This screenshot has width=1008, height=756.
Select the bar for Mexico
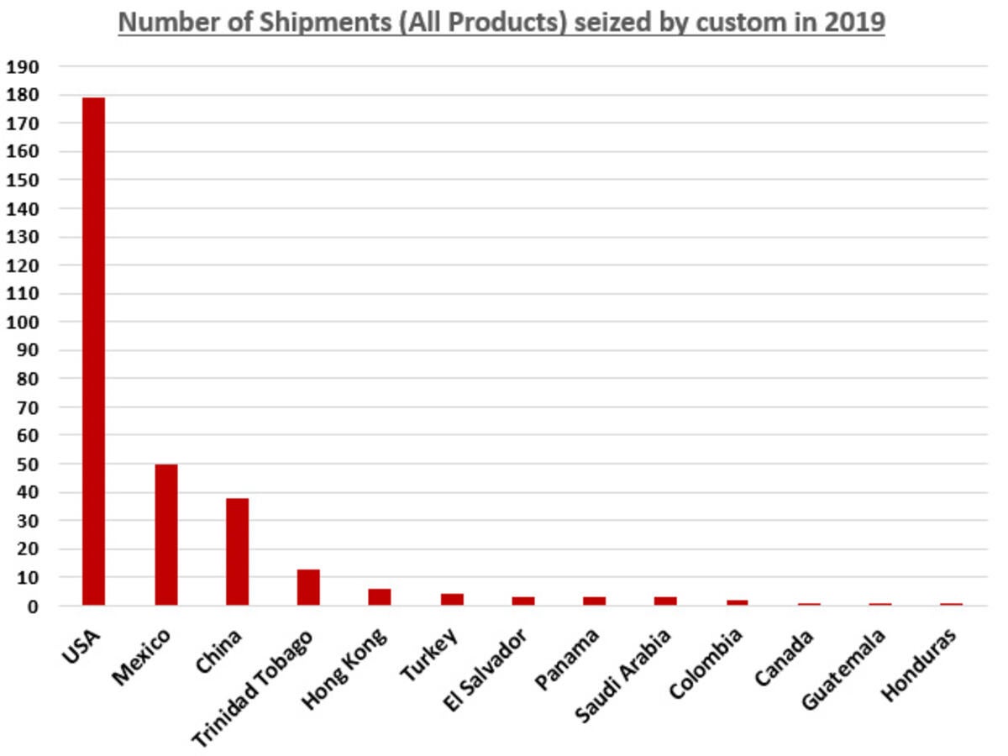click(x=165, y=534)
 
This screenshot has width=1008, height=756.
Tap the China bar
click(x=237, y=551)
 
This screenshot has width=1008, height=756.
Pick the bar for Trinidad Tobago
click(x=308, y=587)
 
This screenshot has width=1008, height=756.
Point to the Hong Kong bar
click(x=379, y=596)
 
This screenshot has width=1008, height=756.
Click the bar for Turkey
click(x=452, y=599)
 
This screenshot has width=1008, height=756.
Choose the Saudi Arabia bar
click(x=665, y=601)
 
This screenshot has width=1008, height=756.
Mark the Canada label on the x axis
click(x=784, y=658)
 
